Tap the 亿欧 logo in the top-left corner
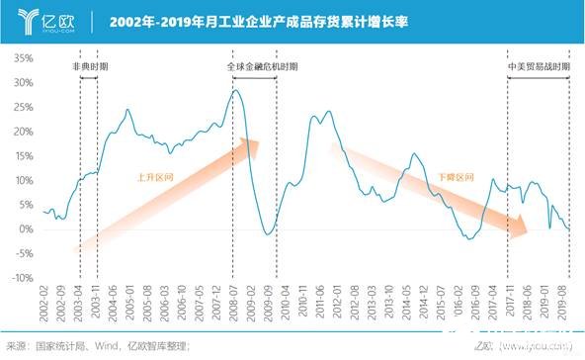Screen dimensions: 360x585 point(40,20)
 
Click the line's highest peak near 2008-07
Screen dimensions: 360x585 point(235,90)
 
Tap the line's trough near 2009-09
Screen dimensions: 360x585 point(268,235)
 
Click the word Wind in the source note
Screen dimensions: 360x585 point(110,346)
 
